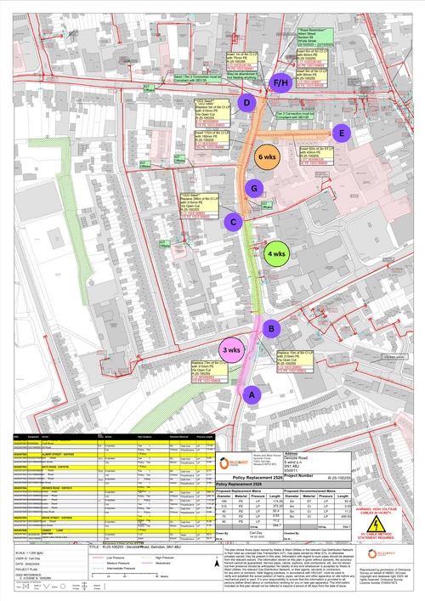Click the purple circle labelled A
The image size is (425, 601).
point(250,395)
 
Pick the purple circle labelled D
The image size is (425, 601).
point(246,103)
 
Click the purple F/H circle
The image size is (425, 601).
point(280,82)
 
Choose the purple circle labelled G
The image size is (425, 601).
point(252,187)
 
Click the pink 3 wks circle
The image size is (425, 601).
point(231,350)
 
